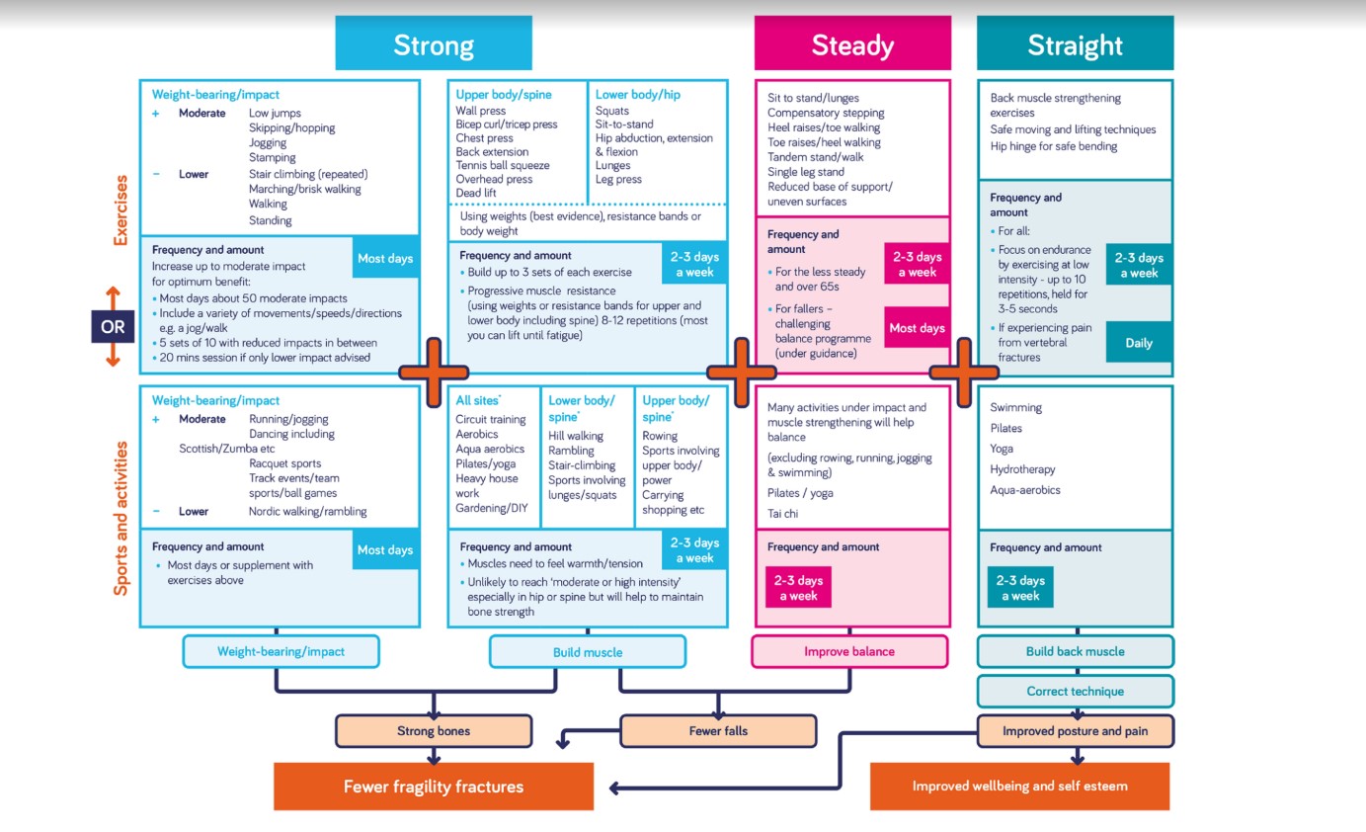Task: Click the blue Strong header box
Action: [x=433, y=44]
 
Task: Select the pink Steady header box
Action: [x=852, y=44]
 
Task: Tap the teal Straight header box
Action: [x=1075, y=44]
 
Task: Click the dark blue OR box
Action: [x=113, y=326]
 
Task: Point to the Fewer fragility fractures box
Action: [x=433, y=787]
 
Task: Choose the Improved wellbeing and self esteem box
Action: [x=1019, y=787]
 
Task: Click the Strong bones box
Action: [x=433, y=731]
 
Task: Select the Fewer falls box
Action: [x=718, y=731]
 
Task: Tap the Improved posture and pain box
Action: [x=1075, y=731]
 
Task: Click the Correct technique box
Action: [x=1075, y=691]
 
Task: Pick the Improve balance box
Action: [x=849, y=651]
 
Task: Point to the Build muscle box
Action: [x=588, y=652]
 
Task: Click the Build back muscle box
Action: [x=1075, y=651]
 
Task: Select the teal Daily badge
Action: [x=1138, y=343]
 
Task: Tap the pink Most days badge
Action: [x=917, y=328]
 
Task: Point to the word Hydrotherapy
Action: [x=1022, y=469]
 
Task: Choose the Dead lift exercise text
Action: [x=476, y=193]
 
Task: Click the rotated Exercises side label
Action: [x=121, y=210]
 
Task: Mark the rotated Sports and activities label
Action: [x=121, y=518]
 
